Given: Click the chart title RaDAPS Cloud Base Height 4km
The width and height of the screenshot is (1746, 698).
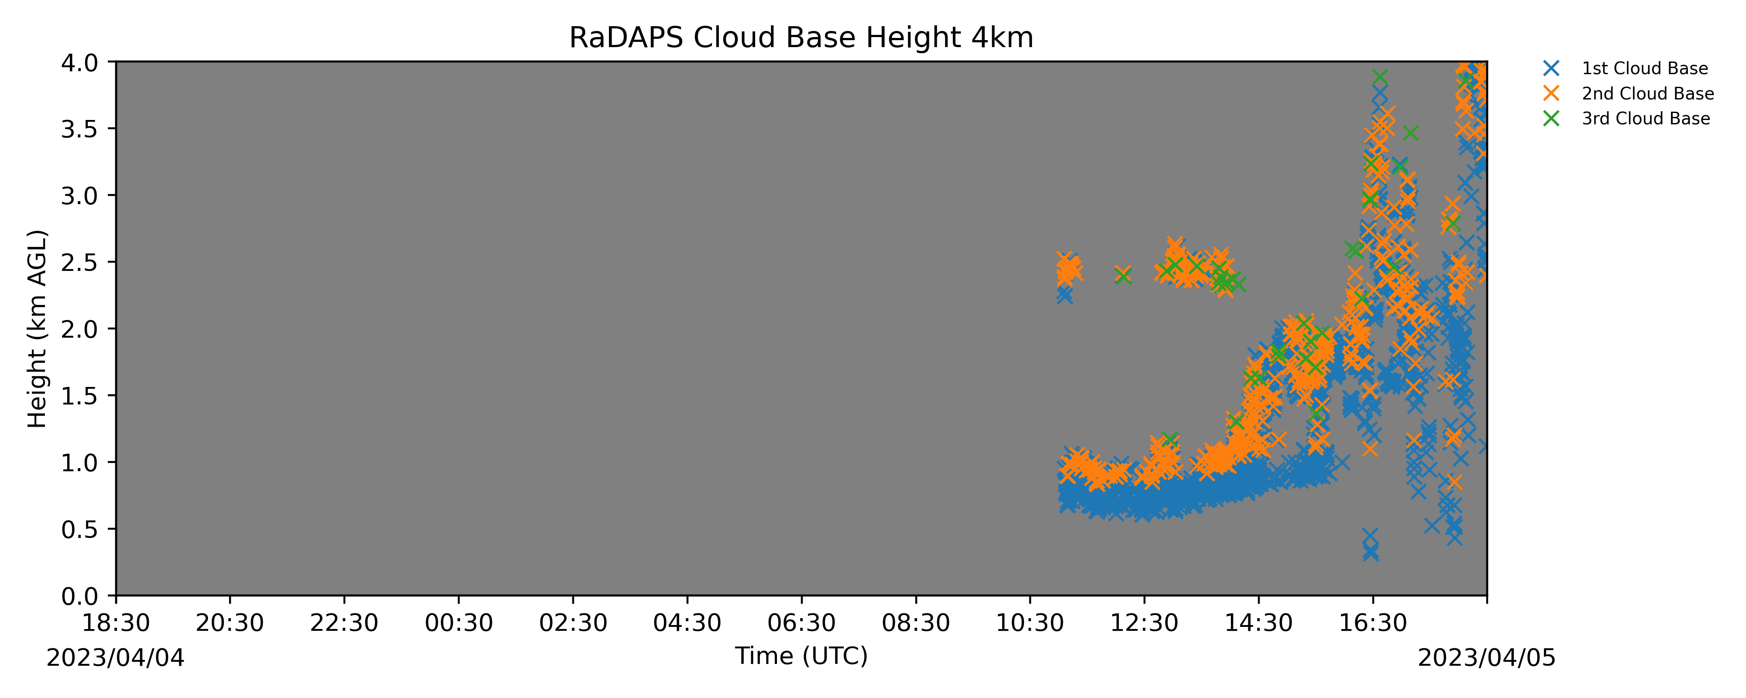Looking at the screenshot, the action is pyautogui.click(x=801, y=38).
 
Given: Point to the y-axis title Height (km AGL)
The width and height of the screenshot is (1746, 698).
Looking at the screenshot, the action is pyautogui.click(x=37, y=328).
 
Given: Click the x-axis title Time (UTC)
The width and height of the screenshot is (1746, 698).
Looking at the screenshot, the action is pyautogui.click(x=801, y=656).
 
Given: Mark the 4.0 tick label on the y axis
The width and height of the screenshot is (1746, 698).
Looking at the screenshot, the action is pyautogui.click(x=79, y=62).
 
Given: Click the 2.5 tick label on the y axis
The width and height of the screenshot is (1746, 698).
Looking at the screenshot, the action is pyautogui.click(x=79, y=262).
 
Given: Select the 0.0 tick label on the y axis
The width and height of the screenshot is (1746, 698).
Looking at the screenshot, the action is pyautogui.click(x=79, y=596).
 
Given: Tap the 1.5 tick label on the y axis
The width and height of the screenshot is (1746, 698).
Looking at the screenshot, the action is pyautogui.click(x=79, y=396).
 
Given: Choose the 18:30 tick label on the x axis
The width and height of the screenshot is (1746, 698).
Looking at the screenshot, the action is pyautogui.click(x=116, y=623).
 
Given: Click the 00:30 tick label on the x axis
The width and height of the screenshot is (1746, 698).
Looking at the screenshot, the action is pyautogui.click(x=459, y=623).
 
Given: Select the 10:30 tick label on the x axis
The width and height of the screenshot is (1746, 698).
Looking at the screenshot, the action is pyautogui.click(x=1030, y=623).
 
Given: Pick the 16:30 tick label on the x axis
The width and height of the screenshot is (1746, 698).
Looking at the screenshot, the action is pyautogui.click(x=1373, y=623).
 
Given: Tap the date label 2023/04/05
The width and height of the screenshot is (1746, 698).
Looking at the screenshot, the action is pyautogui.click(x=1487, y=658).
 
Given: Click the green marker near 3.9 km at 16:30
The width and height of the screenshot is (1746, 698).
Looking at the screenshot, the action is pyautogui.click(x=1380, y=78).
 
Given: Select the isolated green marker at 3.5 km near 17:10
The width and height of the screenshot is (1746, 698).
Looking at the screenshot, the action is pyautogui.click(x=1410, y=133).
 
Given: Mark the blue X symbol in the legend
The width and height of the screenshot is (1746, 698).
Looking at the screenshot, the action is pyautogui.click(x=1551, y=68).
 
